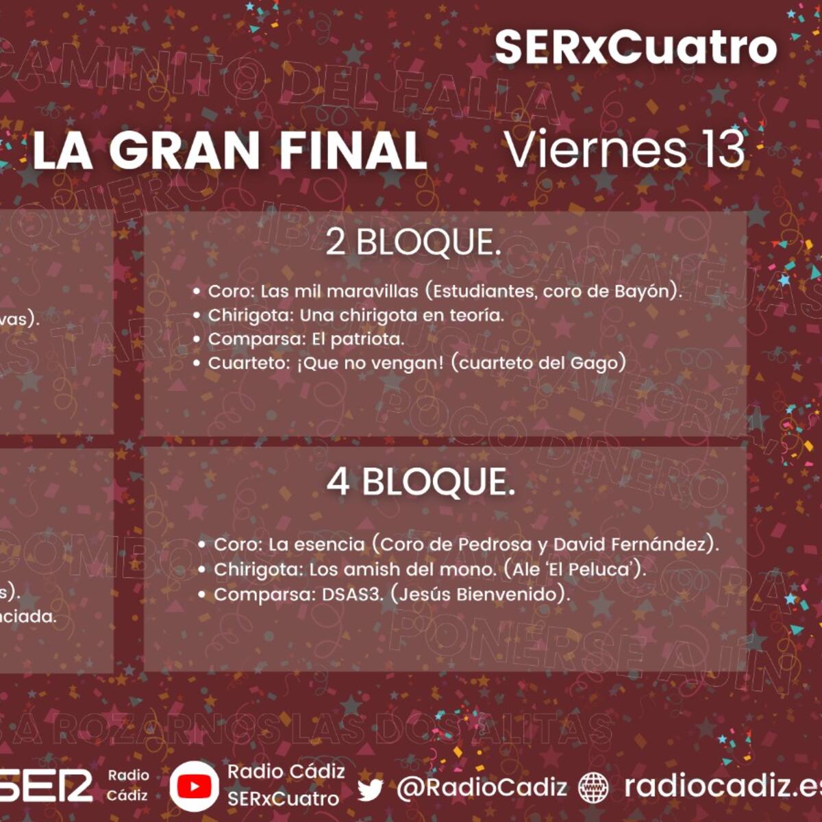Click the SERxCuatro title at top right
636,47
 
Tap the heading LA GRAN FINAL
229,151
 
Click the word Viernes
594,149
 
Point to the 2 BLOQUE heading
413,242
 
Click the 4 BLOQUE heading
421,482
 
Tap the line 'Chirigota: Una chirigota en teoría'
356,315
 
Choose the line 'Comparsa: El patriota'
306,339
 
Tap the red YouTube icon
194,786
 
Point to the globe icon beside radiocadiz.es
593,788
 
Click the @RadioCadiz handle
482,788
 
